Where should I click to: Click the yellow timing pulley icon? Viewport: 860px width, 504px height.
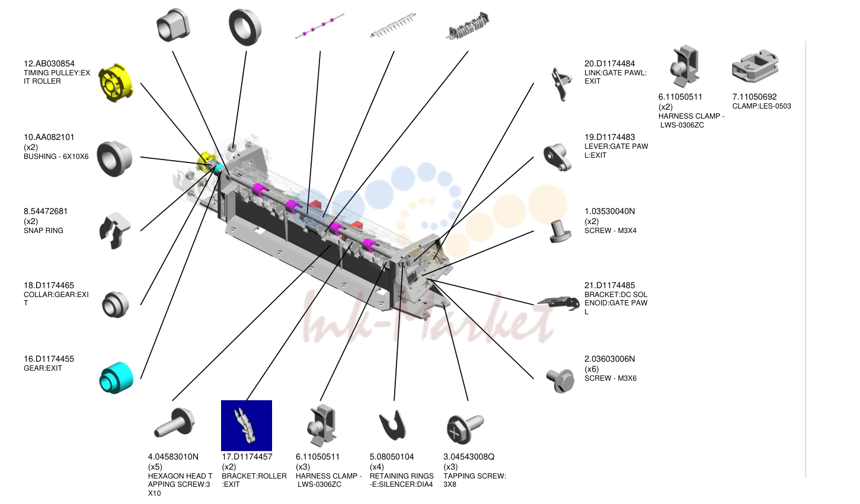[x=116, y=82]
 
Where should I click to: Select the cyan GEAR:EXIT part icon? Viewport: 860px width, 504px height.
[x=116, y=378]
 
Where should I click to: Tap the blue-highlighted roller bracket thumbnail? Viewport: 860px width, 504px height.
[x=247, y=425]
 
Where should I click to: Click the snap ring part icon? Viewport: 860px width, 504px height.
[x=115, y=231]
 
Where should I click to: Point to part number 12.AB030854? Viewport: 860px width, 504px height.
[x=49, y=64]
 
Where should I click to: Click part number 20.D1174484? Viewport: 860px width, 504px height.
[x=610, y=64]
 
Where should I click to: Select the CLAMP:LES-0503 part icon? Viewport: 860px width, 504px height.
[x=755, y=66]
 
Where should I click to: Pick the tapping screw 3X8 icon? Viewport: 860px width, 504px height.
[x=465, y=428]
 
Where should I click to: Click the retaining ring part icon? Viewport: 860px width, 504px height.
[x=392, y=426]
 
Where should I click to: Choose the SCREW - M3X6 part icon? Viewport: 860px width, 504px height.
[x=561, y=380]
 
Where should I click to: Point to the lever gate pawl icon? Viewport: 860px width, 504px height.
[x=558, y=157]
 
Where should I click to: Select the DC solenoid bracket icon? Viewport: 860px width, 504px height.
[x=559, y=302]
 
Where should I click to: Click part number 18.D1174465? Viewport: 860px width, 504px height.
[x=49, y=285]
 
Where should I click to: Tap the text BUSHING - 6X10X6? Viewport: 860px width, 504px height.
[x=56, y=157]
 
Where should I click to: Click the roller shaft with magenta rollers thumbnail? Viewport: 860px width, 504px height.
[x=319, y=25]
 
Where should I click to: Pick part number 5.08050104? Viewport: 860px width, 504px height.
[x=392, y=457]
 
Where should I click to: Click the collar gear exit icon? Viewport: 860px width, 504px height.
[x=116, y=305]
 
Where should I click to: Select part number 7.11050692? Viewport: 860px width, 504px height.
[x=755, y=97]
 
